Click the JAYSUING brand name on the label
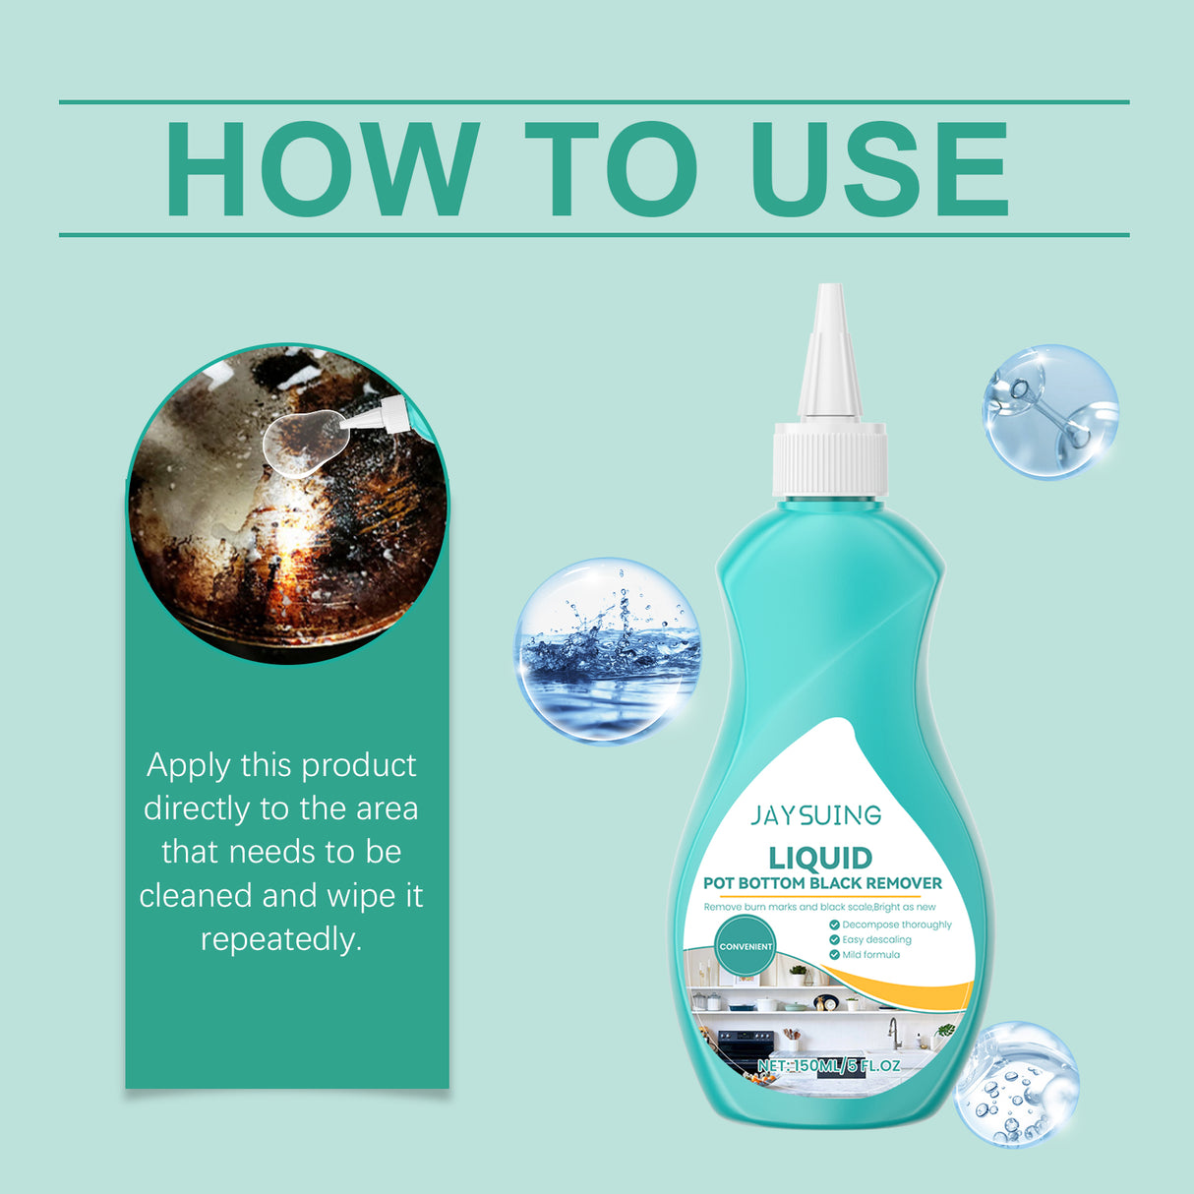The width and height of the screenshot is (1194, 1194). coord(816,815)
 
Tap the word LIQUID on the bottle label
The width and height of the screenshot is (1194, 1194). coord(820,858)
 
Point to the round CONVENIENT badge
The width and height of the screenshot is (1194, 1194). coord(746,946)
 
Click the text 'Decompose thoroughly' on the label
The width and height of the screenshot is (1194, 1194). coord(897,925)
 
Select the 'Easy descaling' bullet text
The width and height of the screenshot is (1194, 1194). coord(876,939)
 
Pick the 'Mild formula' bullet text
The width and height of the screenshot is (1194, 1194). coord(870,954)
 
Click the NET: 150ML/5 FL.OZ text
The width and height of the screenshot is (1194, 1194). coord(829,1065)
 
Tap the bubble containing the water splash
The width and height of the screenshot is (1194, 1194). coord(608,650)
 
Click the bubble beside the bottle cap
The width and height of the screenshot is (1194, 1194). coord(1050,411)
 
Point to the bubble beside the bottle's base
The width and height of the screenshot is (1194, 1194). coord(1017,1084)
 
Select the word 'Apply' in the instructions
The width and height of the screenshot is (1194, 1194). coord(189,765)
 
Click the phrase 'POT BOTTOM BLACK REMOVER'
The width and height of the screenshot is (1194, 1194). coord(822,883)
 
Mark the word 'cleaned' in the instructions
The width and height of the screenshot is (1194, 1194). coord(197,895)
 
